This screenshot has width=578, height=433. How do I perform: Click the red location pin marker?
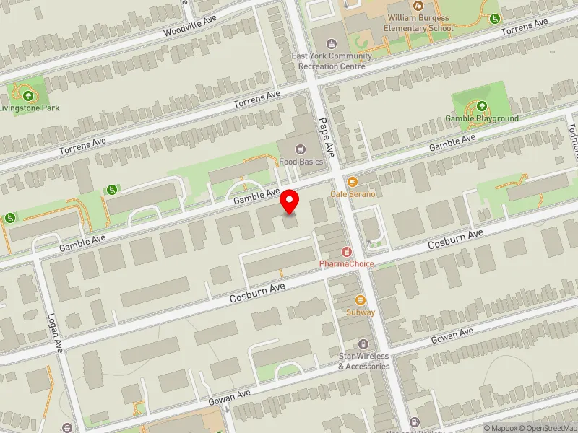click(290, 201)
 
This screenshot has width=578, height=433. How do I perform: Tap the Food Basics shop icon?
click(301, 149)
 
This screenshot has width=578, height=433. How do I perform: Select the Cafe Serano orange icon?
click(353, 183)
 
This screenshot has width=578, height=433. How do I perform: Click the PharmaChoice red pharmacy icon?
click(347, 252)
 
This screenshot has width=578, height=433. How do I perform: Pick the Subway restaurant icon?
click(360, 300)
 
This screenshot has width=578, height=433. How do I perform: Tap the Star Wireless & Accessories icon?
click(363, 344)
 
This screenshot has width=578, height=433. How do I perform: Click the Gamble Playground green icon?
click(481, 106)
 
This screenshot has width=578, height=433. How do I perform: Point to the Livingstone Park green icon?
click(27, 95)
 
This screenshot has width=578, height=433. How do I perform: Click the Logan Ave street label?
click(55, 333)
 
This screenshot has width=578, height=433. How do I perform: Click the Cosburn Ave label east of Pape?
click(455, 240)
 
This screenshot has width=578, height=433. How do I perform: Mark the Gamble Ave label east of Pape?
click(452, 142)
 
